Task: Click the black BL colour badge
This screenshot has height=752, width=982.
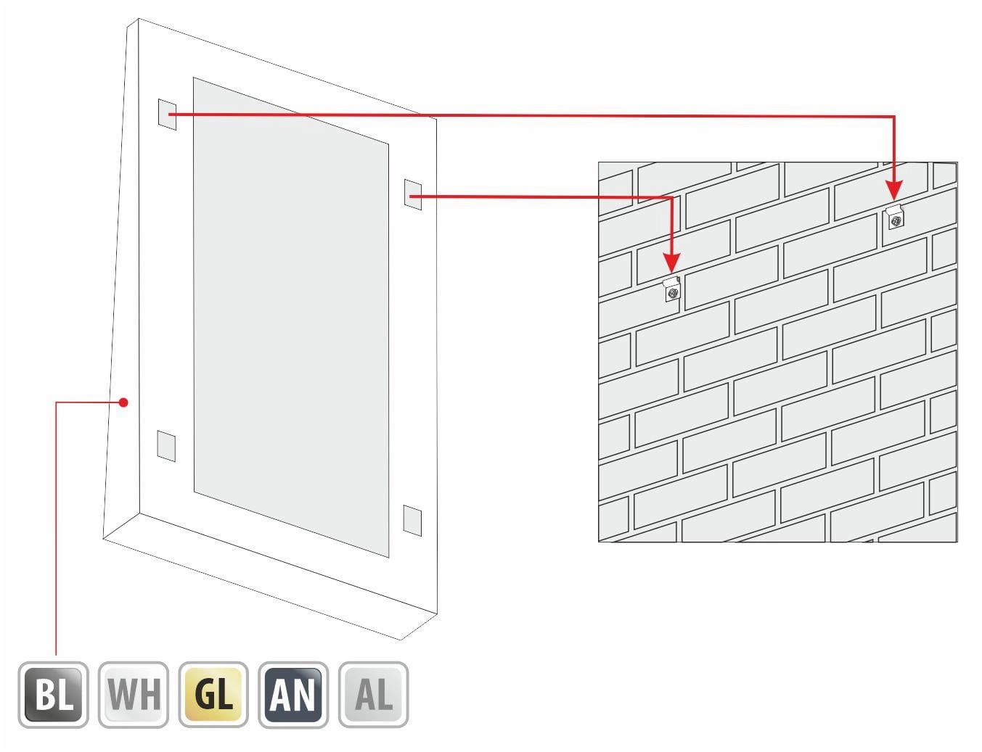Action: point(53,695)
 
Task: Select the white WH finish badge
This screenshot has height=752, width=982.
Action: point(134,695)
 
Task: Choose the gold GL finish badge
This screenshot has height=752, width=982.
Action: point(213,695)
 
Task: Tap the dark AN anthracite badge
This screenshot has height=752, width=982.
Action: point(293,695)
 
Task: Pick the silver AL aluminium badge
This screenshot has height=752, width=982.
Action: point(373,695)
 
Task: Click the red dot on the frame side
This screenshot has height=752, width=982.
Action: point(124,402)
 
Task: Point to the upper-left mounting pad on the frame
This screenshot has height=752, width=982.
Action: point(167,115)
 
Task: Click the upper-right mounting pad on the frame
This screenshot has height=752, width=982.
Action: point(413,194)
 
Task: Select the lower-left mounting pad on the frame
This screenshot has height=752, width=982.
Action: point(166,446)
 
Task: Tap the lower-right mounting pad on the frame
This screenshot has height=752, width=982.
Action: point(412,521)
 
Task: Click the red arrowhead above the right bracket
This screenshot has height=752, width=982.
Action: point(894,191)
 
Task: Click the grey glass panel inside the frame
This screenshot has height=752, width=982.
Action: point(291,318)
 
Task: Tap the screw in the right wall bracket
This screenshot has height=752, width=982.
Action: point(895,221)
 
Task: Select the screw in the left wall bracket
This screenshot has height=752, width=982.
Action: point(673,294)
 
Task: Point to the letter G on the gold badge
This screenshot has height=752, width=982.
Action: point(204,695)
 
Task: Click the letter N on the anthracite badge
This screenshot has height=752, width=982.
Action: point(303,695)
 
